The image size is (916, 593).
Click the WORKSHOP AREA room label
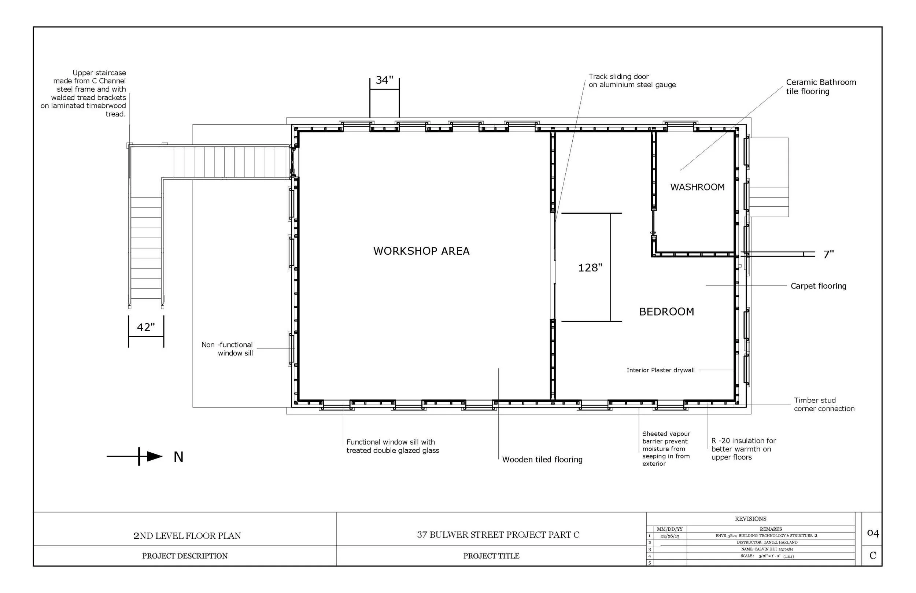click(421, 251)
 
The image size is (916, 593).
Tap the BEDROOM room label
click(666, 312)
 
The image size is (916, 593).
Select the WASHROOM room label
click(697, 187)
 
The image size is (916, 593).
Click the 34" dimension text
click(384, 80)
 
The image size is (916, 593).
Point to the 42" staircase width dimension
click(146, 327)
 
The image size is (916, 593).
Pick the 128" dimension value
click(590, 268)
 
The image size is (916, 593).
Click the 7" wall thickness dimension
click(828, 254)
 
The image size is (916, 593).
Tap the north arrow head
click(154, 456)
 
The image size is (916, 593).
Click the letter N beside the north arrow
click(178, 457)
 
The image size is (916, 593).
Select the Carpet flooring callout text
click(818, 286)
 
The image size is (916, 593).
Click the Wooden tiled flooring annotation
click(542, 459)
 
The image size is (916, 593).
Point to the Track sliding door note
click(632, 81)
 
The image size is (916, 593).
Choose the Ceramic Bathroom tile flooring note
click(820, 86)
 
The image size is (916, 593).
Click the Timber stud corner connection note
click(824, 404)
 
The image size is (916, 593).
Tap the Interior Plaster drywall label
click(661, 370)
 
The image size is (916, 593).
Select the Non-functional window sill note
click(227, 349)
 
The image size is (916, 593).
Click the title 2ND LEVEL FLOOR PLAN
click(187, 535)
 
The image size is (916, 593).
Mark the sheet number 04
click(872, 533)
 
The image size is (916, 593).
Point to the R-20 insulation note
click(743, 449)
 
